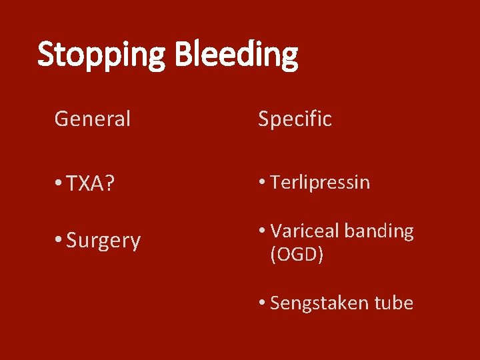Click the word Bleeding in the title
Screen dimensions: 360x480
click(236, 56)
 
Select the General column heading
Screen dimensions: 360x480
click(92, 119)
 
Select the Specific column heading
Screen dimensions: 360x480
click(295, 119)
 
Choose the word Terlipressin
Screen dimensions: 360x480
click(320, 183)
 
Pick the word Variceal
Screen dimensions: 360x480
click(305, 231)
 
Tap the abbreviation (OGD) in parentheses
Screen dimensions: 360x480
click(297, 254)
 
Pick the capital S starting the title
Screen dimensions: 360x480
click(46, 55)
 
